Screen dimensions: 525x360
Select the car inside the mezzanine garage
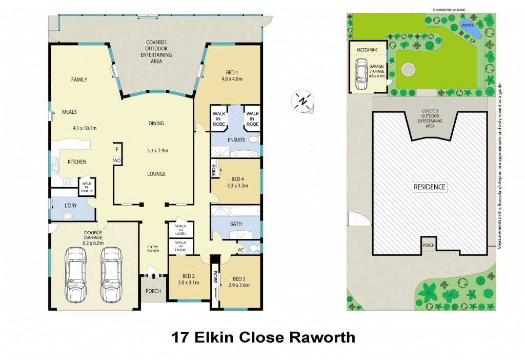[x=361, y=75]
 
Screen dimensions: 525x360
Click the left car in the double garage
[x=75, y=275]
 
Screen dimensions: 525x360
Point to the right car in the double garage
[x=111, y=275]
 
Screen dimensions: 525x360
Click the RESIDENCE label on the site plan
[x=430, y=187]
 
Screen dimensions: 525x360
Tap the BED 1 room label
[x=232, y=72]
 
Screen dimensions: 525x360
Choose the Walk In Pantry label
[x=87, y=187]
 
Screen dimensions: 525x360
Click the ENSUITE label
[x=236, y=139]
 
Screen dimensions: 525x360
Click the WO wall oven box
[x=117, y=161]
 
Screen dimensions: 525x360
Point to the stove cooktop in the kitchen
[x=68, y=182]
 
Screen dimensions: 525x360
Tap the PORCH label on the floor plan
[x=153, y=291]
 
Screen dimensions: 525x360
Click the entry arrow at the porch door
[x=153, y=275]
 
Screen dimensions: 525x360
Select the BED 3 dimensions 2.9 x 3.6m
[x=239, y=285]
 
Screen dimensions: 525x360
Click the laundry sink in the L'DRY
[x=69, y=216]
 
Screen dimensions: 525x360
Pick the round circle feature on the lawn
[x=408, y=70]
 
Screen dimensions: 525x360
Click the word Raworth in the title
[x=322, y=337]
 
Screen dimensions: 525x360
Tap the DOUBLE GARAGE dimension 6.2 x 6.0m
[x=93, y=243]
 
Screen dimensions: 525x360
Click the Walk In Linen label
[x=181, y=230]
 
